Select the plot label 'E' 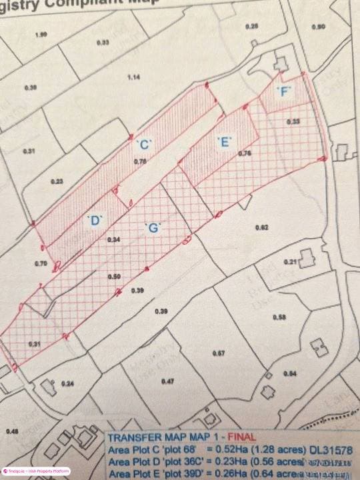pyautogui.click(x=224, y=141)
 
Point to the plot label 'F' pyautogui.click(x=285, y=93)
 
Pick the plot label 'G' pyautogui.click(x=153, y=228)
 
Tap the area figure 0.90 pyautogui.click(x=318, y=27)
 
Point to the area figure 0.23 pyautogui.click(x=56, y=182)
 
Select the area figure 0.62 pyautogui.click(x=261, y=228)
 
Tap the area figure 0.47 pyautogui.click(x=167, y=381)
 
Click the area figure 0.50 pyautogui.click(x=115, y=277)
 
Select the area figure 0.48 pyautogui.click(x=13, y=432)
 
